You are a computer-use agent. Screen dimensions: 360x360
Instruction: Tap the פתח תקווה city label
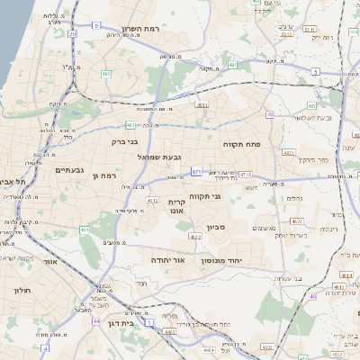(x=241, y=143)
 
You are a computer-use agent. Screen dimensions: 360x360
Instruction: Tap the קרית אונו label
(x=176, y=208)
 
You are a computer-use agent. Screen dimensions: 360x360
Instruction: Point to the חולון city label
(x=22, y=291)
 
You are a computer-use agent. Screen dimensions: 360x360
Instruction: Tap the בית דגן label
(x=131, y=320)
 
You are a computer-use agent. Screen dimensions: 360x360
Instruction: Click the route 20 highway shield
(x=72, y=33)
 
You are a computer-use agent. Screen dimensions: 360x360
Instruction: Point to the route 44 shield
(x=96, y=320)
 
